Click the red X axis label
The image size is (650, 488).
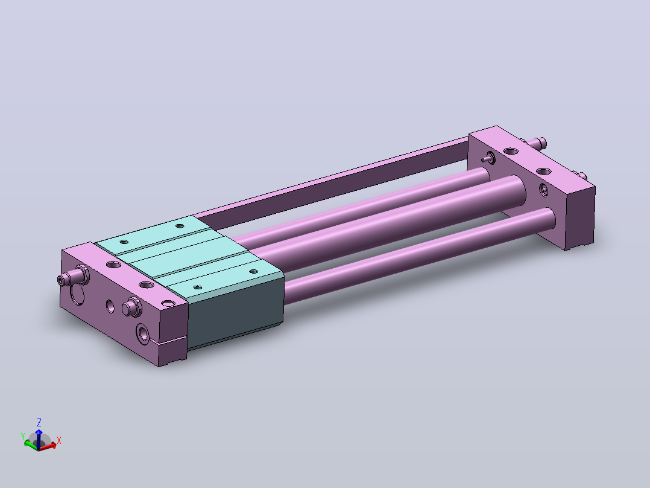coord(59,441)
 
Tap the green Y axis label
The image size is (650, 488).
coord(23,437)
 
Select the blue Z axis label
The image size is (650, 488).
coord(39,423)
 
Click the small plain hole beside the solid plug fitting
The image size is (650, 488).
coord(110,306)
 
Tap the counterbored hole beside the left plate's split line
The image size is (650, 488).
coord(143,333)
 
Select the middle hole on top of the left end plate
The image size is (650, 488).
coord(146,285)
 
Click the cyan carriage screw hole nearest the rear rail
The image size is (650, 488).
coord(180,226)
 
